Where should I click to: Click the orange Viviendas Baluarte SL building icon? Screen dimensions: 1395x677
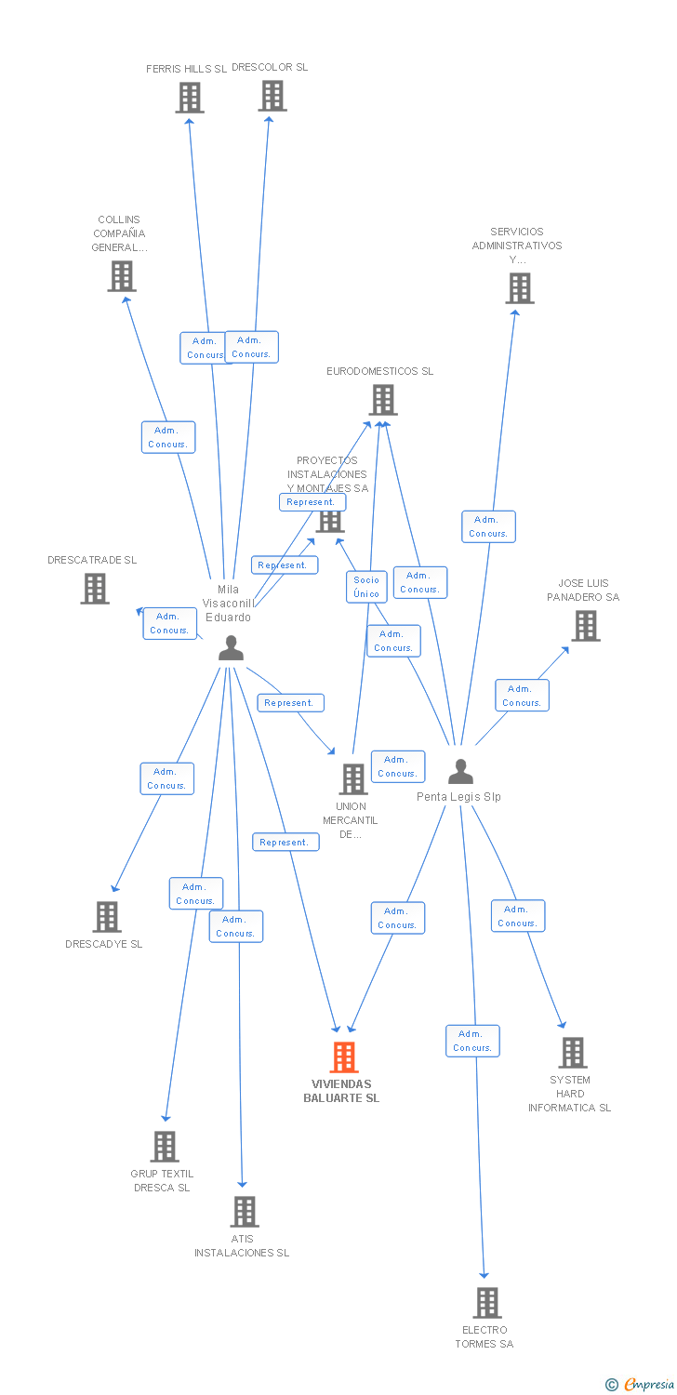pyautogui.click(x=344, y=1057)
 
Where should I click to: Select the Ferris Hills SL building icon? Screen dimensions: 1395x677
pyautogui.click(x=190, y=97)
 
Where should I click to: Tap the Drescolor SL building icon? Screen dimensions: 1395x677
pyautogui.click(x=272, y=95)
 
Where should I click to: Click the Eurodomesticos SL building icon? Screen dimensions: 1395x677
pyautogui.click(x=383, y=400)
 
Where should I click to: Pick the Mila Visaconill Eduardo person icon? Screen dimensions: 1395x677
pyautogui.click(x=231, y=648)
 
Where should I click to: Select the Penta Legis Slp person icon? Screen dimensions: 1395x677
pyautogui.click(x=460, y=772)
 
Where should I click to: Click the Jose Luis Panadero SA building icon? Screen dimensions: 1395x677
pyautogui.click(x=586, y=626)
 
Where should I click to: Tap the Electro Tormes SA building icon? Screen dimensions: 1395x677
pyautogui.click(x=487, y=1303)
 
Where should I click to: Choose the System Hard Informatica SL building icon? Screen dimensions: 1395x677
pyautogui.click(x=573, y=1053)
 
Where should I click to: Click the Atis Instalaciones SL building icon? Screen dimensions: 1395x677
pyautogui.click(x=245, y=1212)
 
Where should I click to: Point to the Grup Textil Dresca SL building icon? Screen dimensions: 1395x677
pyautogui.click(x=165, y=1147)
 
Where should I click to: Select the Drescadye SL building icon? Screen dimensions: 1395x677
pyautogui.click(x=107, y=917)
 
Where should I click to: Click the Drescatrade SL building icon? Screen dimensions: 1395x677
pyautogui.click(x=95, y=589)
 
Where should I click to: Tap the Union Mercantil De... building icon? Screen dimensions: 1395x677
pyautogui.click(x=353, y=778)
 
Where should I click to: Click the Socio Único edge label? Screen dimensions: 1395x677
pyautogui.click(x=366, y=587)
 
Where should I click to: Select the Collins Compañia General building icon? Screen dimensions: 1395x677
pyautogui.click(x=122, y=276)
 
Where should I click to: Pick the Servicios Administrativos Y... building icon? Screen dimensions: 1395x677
pyautogui.click(x=520, y=288)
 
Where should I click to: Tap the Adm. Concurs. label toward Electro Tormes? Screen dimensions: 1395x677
pyautogui.click(x=472, y=1041)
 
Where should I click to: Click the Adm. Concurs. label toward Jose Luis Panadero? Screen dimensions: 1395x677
pyautogui.click(x=522, y=696)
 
